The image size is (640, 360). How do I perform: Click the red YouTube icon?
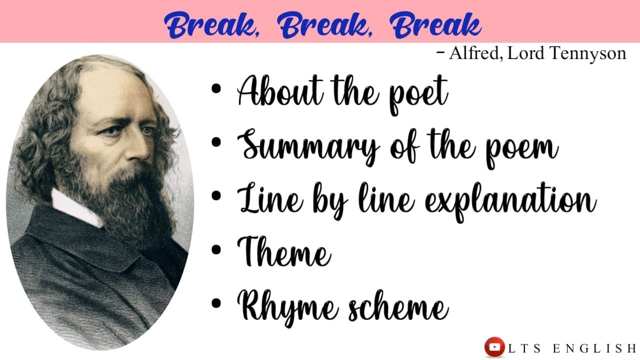click(494, 347)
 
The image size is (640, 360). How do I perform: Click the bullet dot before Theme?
click(216, 249)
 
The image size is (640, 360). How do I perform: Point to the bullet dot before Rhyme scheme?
click(216, 302)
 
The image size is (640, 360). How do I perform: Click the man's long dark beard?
click(130, 205)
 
